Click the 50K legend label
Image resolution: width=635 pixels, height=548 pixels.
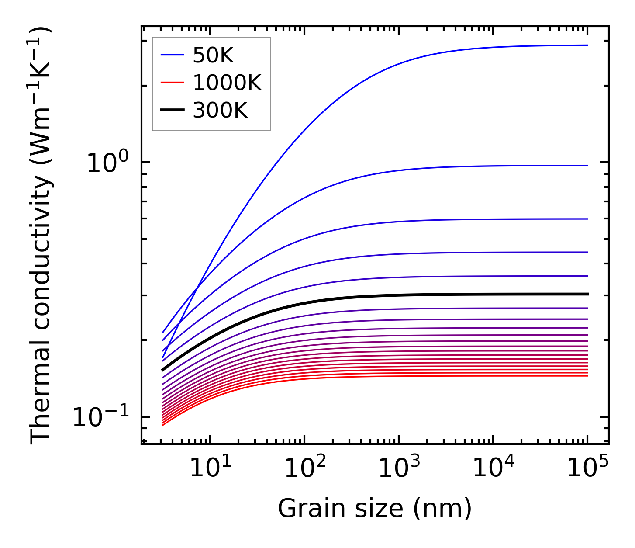213,55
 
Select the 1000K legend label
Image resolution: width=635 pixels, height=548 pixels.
227,83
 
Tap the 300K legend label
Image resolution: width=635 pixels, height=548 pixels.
220,110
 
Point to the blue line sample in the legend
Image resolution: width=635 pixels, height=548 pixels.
173,55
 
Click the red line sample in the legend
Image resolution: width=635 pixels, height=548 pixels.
173,83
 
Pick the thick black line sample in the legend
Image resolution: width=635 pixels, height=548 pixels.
173,110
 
